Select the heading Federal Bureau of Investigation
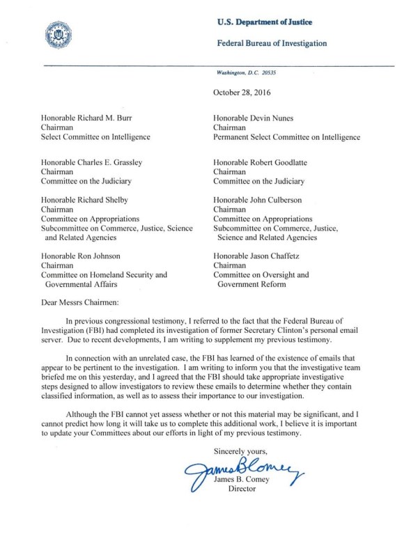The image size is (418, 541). [272, 43]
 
